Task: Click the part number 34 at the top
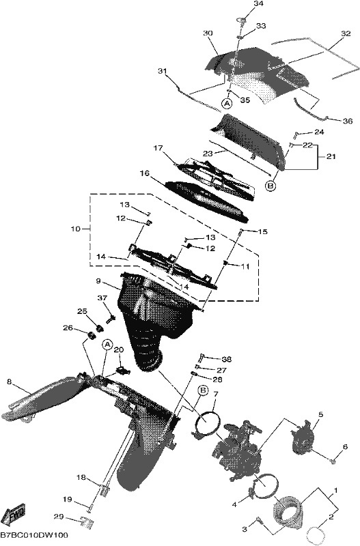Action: (258, 4)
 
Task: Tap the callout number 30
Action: (208, 33)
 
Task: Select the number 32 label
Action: (346, 33)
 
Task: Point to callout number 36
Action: (348, 121)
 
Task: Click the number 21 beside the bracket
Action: (331, 157)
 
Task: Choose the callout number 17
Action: (158, 148)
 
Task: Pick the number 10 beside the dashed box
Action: (75, 229)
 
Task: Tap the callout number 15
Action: (263, 231)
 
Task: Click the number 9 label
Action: (98, 281)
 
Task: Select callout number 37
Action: (102, 298)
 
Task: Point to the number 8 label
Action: (9, 382)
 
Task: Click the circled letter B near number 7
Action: (203, 390)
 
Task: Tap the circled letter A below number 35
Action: (227, 103)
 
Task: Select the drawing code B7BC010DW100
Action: (33, 535)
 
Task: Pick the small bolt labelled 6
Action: (333, 462)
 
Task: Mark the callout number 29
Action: (59, 517)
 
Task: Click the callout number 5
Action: (320, 414)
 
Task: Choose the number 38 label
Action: (227, 359)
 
